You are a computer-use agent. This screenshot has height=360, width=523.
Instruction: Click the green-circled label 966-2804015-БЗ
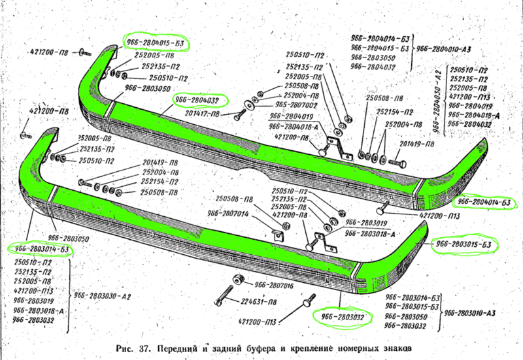click(x=154, y=42)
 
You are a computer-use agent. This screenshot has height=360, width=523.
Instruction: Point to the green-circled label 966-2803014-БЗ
click(x=39, y=250)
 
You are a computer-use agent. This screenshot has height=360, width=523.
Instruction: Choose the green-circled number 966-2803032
click(x=343, y=316)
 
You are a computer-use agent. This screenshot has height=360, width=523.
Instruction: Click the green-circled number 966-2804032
click(x=196, y=101)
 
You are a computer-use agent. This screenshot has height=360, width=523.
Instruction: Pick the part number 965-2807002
click(x=297, y=104)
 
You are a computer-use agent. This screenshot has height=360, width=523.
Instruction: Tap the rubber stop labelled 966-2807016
click(x=237, y=279)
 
